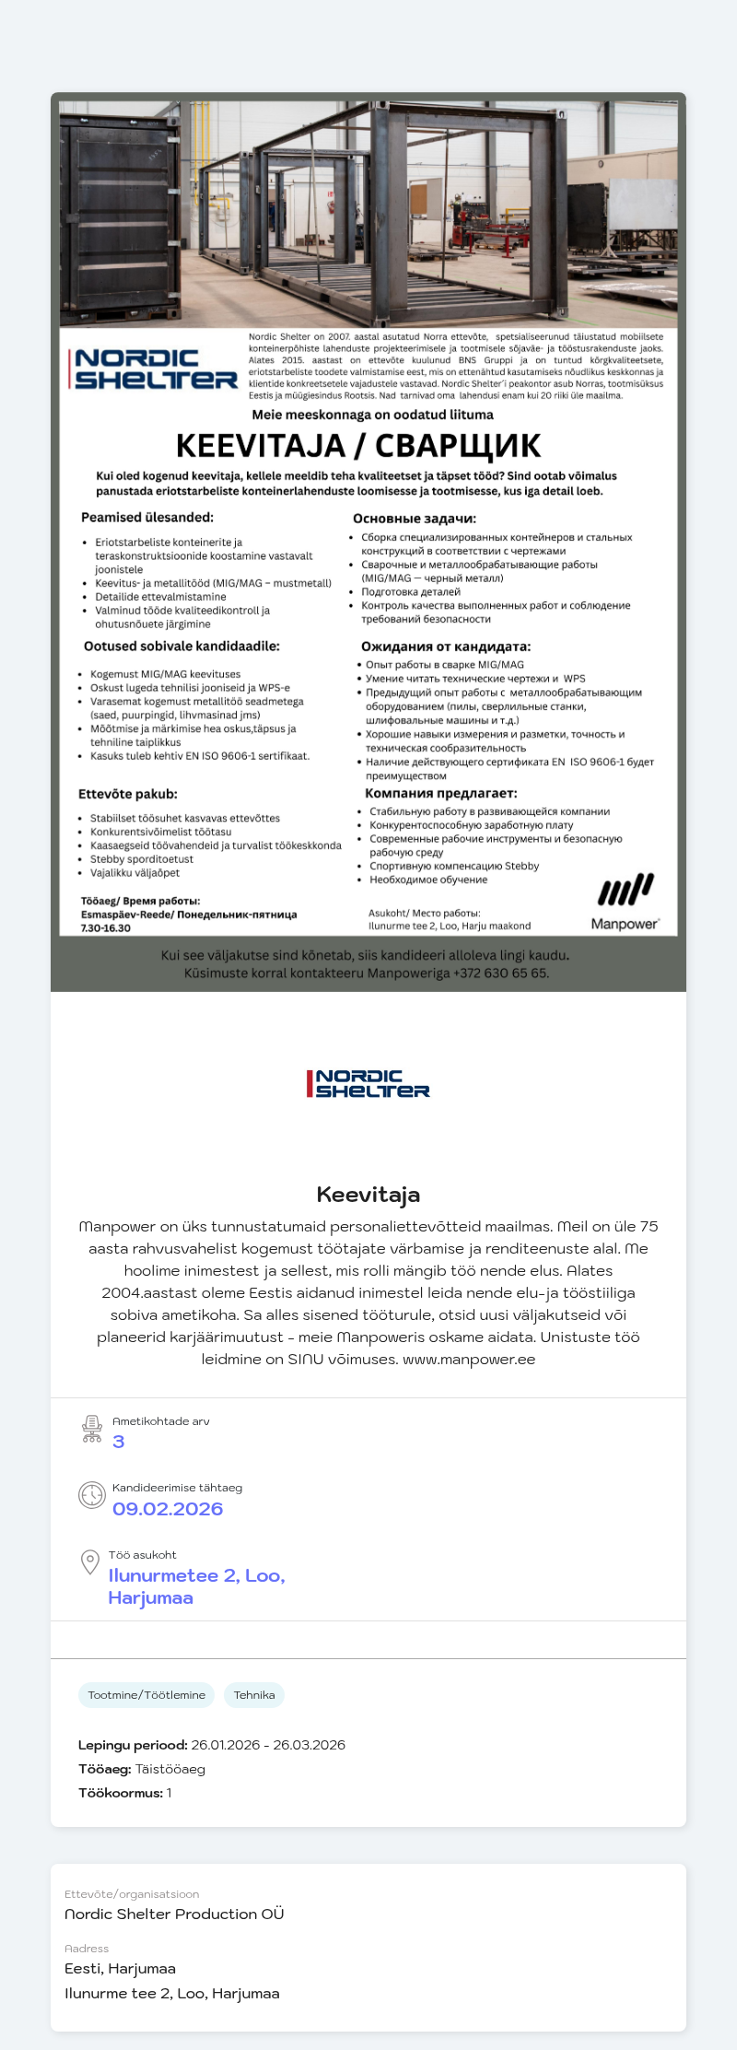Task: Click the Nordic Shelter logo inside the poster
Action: (x=153, y=369)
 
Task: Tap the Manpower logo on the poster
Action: (x=626, y=901)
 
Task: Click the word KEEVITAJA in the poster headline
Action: (x=260, y=446)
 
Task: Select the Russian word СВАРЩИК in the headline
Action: (x=458, y=446)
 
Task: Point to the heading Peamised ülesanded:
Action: (x=147, y=518)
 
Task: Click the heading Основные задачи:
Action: (x=415, y=519)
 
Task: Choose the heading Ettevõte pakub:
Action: (x=128, y=794)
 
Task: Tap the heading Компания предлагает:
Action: (x=441, y=793)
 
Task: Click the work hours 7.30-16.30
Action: (x=106, y=928)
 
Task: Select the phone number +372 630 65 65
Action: (x=501, y=972)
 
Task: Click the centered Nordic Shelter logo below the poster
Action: (x=368, y=1084)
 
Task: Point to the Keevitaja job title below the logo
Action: (x=368, y=1195)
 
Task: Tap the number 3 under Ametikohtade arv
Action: (x=119, y=1442)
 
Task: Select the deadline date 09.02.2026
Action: (x=168, y=1509)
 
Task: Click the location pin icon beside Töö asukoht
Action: (x=90, y=1561)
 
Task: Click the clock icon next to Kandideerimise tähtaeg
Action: (x=92, y=1495)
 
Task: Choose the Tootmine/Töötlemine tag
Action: (x=146, y=1695)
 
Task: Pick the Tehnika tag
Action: (x=254, y=1695)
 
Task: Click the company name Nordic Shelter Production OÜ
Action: (x=174, y=1914)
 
